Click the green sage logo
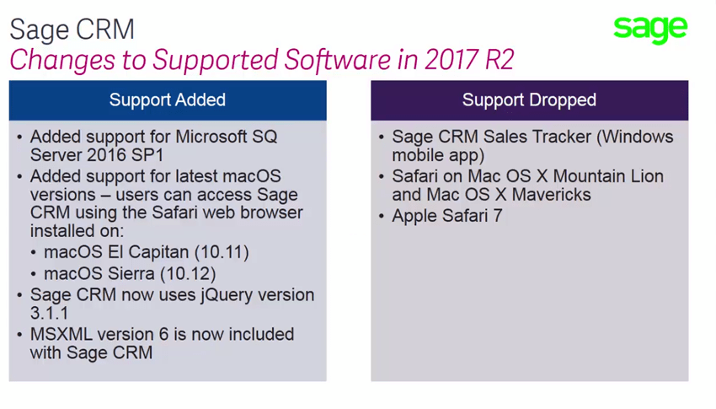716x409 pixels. point(650,30)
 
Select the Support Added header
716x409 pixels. point(168,100)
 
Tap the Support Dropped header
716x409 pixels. point(529,100)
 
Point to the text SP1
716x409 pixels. point(148,155)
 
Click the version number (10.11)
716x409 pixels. point(222,252)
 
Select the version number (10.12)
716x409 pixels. point(188,274)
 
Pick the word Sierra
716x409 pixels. point(127,274)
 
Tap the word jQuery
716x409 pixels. point(227,296)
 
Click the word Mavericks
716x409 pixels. point(551,195)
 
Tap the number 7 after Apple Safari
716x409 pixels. point(497,216)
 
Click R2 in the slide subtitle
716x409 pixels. point(500,59)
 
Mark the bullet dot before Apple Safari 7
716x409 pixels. point(382,216)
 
